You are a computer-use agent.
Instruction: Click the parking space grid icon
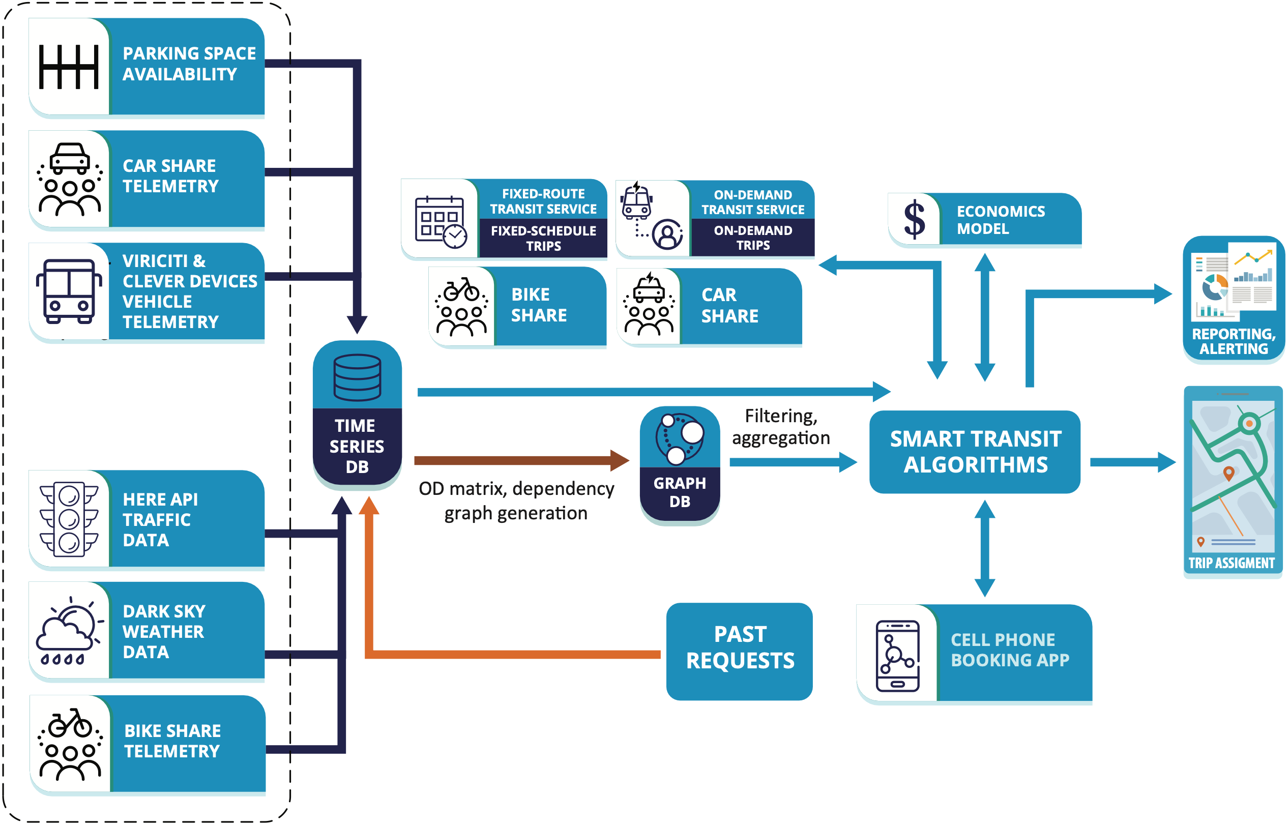69,67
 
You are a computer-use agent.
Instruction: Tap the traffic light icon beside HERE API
69,519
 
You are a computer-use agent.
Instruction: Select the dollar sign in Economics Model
914,220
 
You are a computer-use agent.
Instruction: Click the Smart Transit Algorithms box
975,452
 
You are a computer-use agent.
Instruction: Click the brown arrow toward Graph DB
514,460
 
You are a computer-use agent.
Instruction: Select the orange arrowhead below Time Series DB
369,506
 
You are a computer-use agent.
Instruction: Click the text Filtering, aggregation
781,426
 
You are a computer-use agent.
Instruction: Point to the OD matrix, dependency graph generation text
516,500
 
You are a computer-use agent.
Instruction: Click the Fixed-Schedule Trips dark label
543,239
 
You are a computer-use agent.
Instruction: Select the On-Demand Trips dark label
753,238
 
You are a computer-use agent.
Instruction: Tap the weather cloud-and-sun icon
69,630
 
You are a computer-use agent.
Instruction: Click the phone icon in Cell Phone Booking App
897,656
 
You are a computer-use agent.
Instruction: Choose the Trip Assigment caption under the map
1231,563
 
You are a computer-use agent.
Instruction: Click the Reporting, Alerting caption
1234,341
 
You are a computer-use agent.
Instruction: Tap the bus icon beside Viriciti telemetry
69,291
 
